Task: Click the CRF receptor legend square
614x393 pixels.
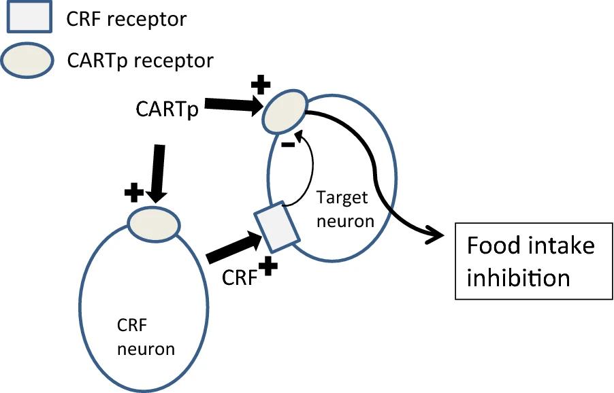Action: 29,18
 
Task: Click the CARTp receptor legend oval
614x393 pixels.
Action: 29,60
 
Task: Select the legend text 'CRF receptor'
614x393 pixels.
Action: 126,19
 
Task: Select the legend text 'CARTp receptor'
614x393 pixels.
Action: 140,61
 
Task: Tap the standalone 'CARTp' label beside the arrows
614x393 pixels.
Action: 165,109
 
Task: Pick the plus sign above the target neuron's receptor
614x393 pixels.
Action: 261,85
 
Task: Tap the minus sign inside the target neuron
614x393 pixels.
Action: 287,144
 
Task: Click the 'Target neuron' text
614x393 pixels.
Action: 346,209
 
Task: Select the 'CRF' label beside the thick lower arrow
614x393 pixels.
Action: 240,277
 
